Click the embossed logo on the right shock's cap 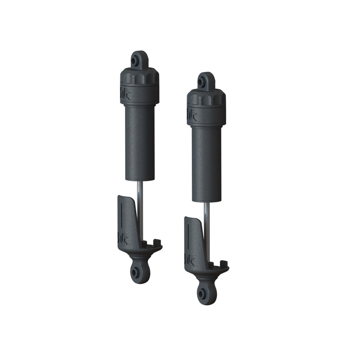(x=190, y=114)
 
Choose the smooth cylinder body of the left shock (x=140, y=142)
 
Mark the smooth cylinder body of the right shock (x=207, y=163)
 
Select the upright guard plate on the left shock (x=126, y=218)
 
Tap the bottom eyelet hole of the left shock (x=137, y=272)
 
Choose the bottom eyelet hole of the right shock (x=204, y=294)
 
